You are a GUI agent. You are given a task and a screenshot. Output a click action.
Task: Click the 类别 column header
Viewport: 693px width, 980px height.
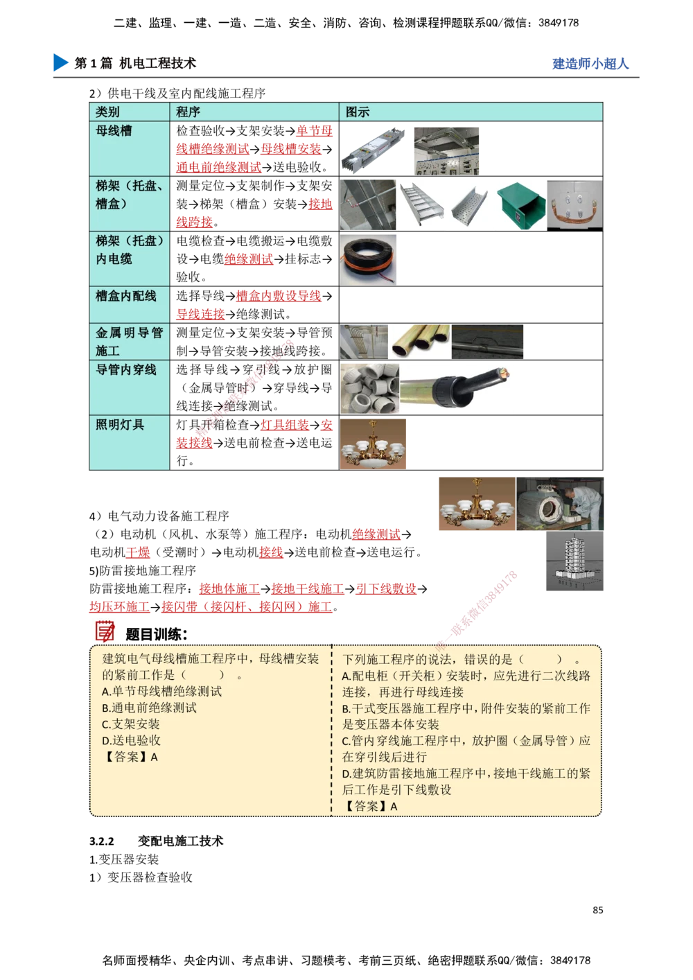pyautogui.click(x=108, y=112)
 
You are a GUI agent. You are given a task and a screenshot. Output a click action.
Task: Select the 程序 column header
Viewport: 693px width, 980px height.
pyautogui.click(x=188, y=112)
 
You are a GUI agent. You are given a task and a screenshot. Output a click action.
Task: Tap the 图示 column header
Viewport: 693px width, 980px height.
pyautogui.click(x=358, y=112)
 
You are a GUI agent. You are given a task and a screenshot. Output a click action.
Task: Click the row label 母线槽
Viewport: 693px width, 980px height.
pyautogui.click(x=114, y=130)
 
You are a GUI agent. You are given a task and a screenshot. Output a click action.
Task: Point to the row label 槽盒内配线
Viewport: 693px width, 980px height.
pyautogui.click(x=126, y=296)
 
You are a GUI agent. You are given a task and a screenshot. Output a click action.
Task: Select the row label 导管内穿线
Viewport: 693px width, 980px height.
pyautogui.click(x=126, y=369)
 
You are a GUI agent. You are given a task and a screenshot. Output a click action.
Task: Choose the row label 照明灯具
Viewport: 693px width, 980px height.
pyautogui.click(x=120, y=424)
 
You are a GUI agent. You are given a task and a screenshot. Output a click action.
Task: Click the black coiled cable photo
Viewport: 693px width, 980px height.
pyautogui.click(x=369, y=259)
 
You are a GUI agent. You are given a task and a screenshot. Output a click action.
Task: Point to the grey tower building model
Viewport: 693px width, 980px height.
pyautogui.click(x=573, y=563)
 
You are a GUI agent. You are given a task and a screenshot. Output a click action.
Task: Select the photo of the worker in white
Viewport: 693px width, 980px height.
pyautogui.click(x=560, y=504)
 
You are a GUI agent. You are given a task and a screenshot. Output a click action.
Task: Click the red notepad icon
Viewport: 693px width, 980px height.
pyautogui.click(x=105, y=631)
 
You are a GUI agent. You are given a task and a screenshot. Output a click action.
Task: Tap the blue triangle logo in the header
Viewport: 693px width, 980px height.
pyautogui.click(x=60, y=62)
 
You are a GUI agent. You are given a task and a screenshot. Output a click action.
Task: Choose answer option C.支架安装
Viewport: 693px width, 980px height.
pyautogui.click(x=131, y=724)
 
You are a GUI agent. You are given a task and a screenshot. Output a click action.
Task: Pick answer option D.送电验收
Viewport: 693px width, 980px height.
pyautogui.click(x=131, y=740)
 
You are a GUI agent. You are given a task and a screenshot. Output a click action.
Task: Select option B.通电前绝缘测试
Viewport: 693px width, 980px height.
pyautogui.click(x=149, y=708)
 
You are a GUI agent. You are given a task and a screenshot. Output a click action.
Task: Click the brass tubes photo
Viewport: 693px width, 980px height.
pyautogui.click(x=420, y=342)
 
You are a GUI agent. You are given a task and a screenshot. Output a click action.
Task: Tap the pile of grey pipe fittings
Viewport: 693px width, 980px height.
pyautogui.click(x=369, y=388)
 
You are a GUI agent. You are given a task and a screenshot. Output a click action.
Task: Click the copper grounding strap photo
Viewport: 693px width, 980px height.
pyautogui.click(x=574, y=203)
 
